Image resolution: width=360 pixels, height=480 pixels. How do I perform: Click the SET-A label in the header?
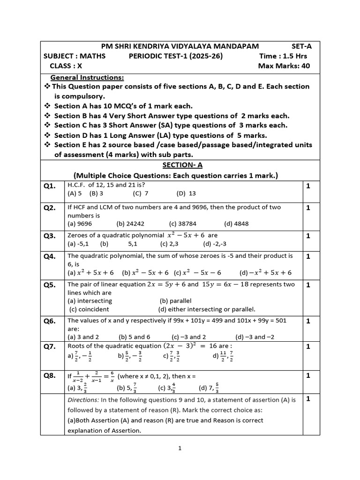[301, 46]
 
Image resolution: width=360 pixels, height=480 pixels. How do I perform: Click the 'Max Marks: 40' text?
[284, 66]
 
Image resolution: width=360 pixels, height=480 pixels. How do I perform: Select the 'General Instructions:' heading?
[87, 77]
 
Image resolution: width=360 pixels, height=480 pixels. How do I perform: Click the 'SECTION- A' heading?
[179, 165]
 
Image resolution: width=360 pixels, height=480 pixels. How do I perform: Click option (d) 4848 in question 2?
[236, 224]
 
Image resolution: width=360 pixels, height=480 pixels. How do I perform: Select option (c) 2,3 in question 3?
[170, 244]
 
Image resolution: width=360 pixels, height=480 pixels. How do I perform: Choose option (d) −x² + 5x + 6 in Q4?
[265, 272]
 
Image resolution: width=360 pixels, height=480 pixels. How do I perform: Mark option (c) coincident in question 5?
[89, 309]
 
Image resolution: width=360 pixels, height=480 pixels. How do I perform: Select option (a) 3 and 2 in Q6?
[83, 337]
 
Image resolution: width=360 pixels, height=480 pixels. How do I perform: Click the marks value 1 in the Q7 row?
[308, 346]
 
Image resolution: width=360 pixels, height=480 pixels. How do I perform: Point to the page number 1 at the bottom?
[180, 448]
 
